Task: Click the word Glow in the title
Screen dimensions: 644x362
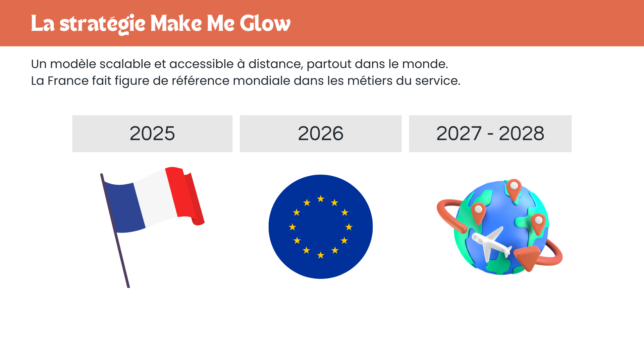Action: (x=265, y=23)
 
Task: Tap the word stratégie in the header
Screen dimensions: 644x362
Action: (x=102, y=24)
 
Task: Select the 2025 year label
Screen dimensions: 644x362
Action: (x=152, y=133)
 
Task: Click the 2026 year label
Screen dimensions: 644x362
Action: (x=321, y=133)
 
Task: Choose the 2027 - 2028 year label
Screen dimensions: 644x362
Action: (x=490, y=133)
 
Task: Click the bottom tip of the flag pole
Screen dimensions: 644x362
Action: (x=128, y=287)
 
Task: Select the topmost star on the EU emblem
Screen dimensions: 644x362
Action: (x=321, y=199)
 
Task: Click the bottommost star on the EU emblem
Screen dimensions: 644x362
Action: (x=321, y=255)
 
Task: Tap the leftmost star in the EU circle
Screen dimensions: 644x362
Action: (x=292, y=227)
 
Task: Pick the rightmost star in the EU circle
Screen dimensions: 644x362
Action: (x=349, y=227)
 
